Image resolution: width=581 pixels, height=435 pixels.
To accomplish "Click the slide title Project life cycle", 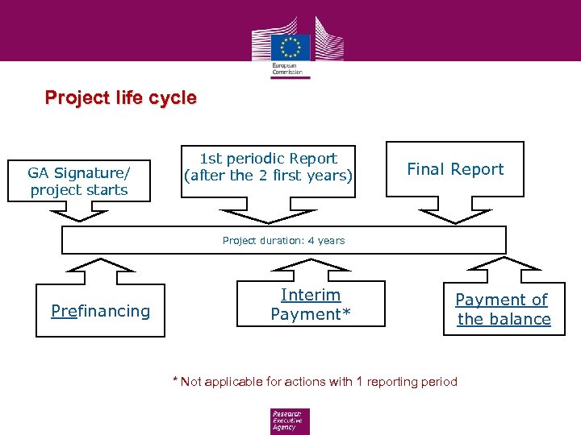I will click(121, 98).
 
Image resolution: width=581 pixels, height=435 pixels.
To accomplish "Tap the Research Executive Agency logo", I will click(290, 420).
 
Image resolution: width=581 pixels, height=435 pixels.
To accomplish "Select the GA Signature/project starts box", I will click(78, 180).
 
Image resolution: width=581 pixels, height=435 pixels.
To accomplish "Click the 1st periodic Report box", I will click(269, 167).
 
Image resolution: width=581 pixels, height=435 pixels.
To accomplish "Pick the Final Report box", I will click(455, 169).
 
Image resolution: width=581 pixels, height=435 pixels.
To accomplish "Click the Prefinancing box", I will click(100, 311).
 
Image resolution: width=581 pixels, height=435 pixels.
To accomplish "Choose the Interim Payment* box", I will click(311, 304).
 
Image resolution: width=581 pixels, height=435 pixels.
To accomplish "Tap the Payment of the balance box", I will click(504, 309).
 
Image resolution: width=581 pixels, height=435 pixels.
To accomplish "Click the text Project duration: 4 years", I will click(283, 240).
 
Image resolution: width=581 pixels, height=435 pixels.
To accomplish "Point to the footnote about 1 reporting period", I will click(315, 382).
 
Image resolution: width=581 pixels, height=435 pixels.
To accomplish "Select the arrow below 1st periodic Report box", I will click(269, 214).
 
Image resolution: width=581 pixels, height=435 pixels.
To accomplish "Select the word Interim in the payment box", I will click(311, 295).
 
